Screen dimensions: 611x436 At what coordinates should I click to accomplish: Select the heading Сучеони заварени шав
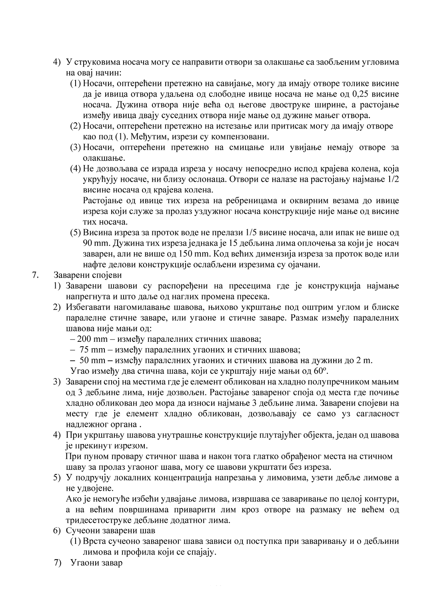pos(110,531)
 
